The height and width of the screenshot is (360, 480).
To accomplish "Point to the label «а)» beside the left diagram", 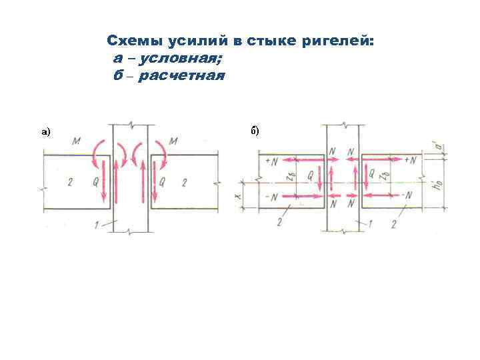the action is click(45, 132).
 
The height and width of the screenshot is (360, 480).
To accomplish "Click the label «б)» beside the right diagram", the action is click(255, 130).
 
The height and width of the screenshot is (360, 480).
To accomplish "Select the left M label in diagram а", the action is click(78, 141).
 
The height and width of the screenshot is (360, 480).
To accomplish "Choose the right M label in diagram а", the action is click(174, 141).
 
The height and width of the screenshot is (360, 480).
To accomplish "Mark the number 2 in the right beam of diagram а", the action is click(185, 182).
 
